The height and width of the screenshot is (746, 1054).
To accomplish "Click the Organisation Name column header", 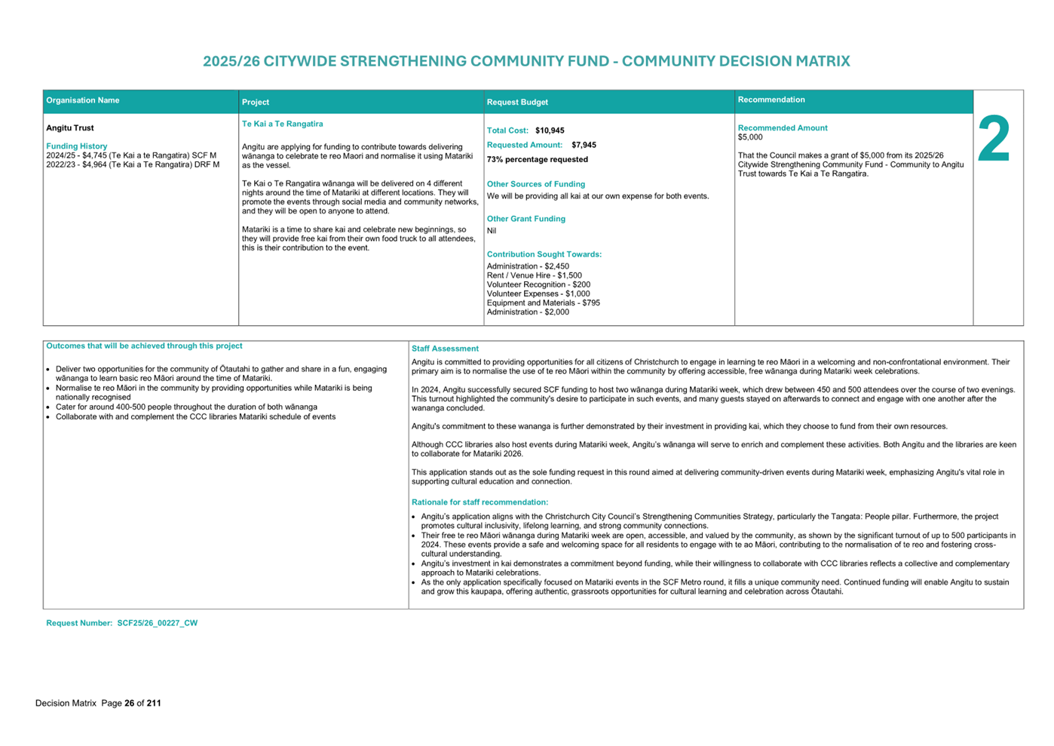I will point(83,100).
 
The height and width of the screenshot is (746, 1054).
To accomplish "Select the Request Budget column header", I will point(517,102).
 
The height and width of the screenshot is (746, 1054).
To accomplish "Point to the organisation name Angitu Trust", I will point(70,128).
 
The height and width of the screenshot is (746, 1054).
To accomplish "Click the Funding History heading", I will point(77,146).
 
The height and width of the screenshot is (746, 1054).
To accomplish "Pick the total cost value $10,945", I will point(550,130).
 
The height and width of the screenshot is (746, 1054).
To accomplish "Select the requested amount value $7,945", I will point(584,145).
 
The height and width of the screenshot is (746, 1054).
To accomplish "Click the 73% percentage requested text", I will point(537,160).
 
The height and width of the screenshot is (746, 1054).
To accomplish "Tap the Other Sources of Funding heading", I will point(535,184).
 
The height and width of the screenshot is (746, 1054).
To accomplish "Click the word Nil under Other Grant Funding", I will point(492,231).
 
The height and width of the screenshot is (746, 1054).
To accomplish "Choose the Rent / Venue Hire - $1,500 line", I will point(534,275).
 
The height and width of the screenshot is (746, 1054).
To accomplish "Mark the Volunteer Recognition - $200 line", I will point(538,284).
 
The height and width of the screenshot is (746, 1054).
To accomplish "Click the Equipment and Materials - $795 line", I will point(543,302).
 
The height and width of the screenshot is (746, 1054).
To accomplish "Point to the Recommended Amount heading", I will point(782,128).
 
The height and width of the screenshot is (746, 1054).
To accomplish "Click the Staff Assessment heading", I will point(445,348).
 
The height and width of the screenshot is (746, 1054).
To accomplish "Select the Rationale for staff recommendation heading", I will point(480,502).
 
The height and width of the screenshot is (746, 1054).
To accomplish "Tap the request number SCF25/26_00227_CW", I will point(157,623).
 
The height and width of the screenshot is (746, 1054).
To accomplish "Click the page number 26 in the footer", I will point(129,703).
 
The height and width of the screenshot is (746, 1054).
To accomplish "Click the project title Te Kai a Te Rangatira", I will point(282,124).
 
